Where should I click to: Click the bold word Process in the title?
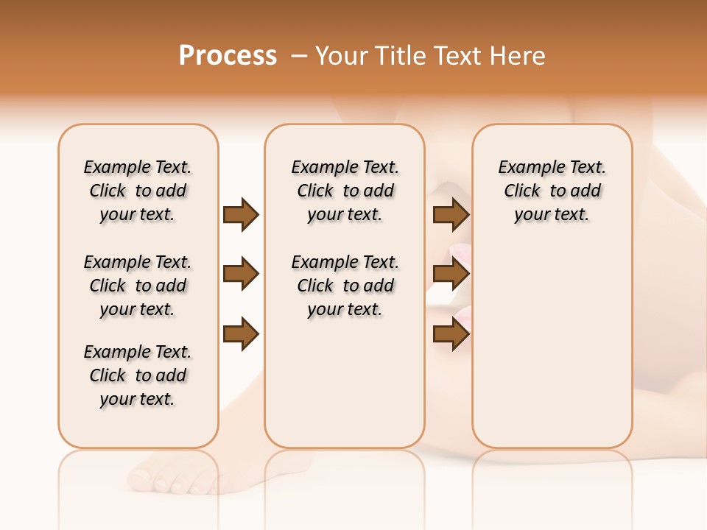point(228,56)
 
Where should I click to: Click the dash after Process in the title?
point(299,57)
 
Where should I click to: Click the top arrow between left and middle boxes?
point(241,215)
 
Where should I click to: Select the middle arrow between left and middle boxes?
point(241,275)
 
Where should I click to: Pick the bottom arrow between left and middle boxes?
point(241,334)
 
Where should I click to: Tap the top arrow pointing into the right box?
point(451,215)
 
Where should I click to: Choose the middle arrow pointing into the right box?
point(451,275)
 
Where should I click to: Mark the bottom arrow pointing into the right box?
point(451,334)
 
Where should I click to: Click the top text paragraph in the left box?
point(138,191)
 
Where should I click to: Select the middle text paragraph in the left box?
point(138,286)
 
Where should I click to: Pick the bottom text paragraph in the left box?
point(138,375)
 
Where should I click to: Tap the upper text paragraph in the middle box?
point(345,191)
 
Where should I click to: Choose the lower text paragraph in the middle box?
point(345,286)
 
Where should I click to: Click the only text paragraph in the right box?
point(552,191)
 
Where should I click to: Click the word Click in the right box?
point(522,191)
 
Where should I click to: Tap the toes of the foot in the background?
point(173,482)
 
